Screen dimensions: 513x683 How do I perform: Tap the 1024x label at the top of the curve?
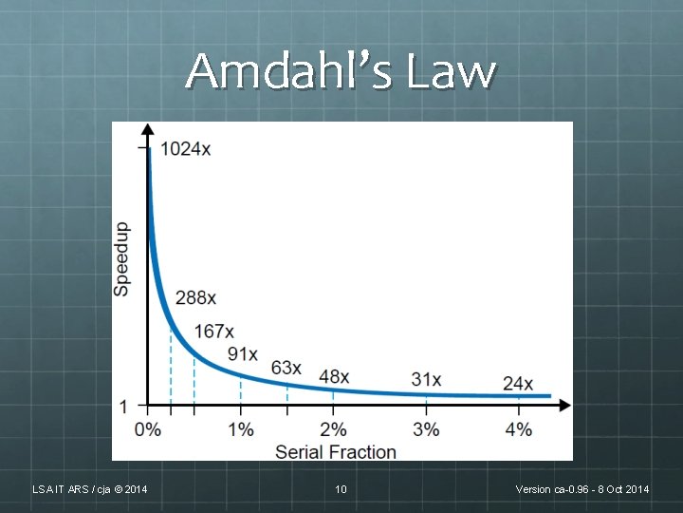click(186, 148)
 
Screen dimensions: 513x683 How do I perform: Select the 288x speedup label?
click(195, 298)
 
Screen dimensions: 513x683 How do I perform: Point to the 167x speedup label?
click(213, 331)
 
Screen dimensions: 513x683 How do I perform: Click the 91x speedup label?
click(243, 353)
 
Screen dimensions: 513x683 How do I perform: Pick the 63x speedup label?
click(286, 368)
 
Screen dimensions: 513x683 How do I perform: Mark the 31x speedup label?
click(427, 379)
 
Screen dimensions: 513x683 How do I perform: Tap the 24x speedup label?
click(518, 384)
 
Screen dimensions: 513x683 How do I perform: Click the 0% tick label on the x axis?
click(148, 429)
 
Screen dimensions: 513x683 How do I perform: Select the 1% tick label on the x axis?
click(241, 429)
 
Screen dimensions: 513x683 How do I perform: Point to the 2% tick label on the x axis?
click(333, 429)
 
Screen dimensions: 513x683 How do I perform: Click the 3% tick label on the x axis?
click(426, 429)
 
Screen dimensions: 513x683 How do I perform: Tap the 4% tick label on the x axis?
click(518, 429)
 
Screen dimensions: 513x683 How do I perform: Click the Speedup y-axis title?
click(122, 258)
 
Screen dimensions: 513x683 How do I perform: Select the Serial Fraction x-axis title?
click(336, 451)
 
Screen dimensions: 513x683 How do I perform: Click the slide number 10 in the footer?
click(341, 489)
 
